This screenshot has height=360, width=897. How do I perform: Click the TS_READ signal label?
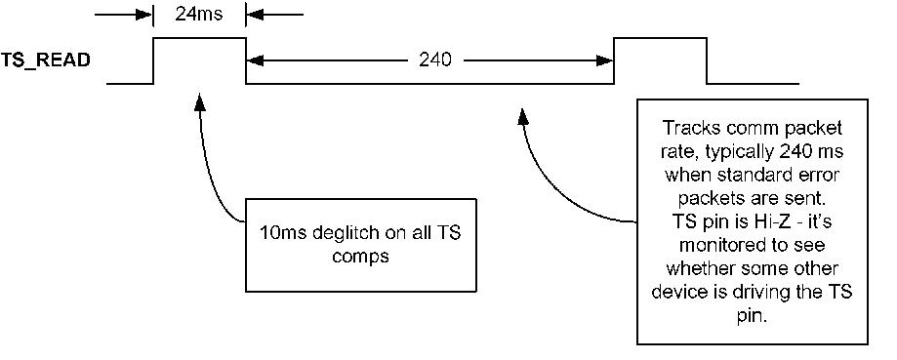[x=46, y=60]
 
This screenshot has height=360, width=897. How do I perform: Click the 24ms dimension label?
[x=199, y=15]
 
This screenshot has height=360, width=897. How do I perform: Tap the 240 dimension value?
[x=434, y=60]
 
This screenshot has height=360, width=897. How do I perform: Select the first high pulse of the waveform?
[x=199, y=39]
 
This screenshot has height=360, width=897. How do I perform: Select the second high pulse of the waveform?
[x=660, y=39]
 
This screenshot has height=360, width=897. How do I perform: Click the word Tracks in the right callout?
[x=686, y=129]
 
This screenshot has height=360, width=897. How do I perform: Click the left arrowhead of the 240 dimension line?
[x=254, y=60]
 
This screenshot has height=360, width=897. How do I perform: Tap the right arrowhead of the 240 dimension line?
[x=605, y=60]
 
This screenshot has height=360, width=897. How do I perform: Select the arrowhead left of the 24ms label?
[x=146, y=15]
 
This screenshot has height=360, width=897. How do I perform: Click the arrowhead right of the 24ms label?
[x=252, y=15]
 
